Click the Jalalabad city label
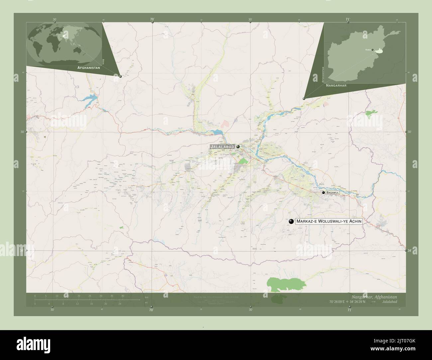click(x=222, y=146)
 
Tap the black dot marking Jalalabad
click(x=238, y=146)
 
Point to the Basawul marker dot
click(x=323, y=192)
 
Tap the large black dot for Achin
click(x=291, y=221)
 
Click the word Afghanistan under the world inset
click(x=88, y=67)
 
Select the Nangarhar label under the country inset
click(x=336, y=85)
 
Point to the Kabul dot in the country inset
click(x=373, y=50)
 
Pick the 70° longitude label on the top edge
click(x=152, y=20)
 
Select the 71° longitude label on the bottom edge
click(x=349, y=310)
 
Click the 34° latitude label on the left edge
click(x=22, y=250)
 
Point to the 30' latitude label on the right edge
click(x=410, y=132)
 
